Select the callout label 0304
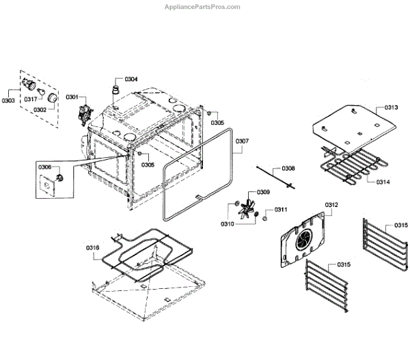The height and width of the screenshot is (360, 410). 131,79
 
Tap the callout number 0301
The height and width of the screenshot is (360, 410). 72,97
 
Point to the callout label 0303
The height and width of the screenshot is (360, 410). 8,100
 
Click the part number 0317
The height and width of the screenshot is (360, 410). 31,99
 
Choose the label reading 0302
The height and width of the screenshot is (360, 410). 40,109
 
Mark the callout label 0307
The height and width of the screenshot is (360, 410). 243,142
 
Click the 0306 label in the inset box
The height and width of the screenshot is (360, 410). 44,167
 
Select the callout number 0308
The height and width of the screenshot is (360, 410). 289,167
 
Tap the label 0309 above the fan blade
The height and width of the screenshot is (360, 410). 263,193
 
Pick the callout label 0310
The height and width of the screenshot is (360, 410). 228,224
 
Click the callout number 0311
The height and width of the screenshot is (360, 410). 281,209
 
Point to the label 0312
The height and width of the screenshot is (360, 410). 331,204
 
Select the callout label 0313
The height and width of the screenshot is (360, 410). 392,107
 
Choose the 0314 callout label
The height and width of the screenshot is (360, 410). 383,182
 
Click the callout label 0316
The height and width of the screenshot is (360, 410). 93,247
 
